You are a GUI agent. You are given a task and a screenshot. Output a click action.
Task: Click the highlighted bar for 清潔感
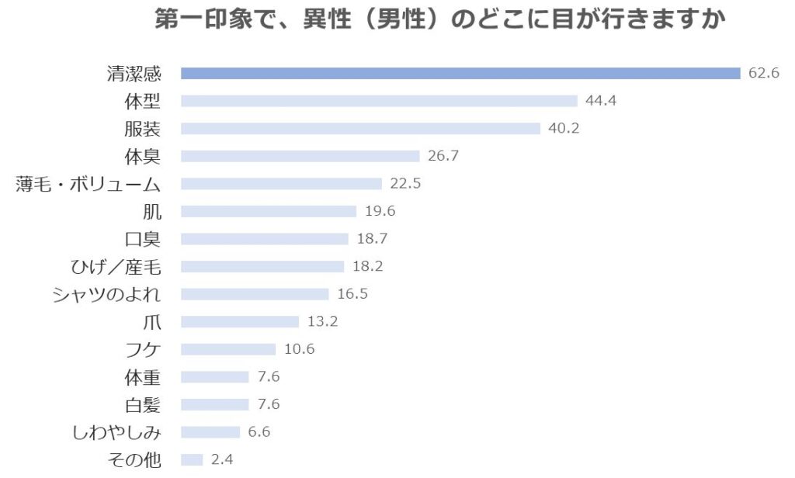[x=460, y=73]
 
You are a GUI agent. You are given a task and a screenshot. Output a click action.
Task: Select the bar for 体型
[x=379, y=101]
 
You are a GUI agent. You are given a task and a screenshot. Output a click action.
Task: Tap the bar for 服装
[x=360, y=129]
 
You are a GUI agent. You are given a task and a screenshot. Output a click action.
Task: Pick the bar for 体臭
[x=300, y=156]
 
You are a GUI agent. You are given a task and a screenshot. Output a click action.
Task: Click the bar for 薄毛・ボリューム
[x=281, y=184]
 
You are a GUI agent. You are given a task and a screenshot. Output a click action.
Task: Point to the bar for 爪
[x=240, y=321]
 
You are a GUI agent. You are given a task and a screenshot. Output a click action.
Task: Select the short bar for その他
[x=192, y=459]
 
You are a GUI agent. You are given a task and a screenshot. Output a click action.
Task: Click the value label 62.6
[x=764, y=73]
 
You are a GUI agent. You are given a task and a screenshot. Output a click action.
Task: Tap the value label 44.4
[x=601, y=101]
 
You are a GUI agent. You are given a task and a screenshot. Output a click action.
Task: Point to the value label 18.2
[x=367, y=266]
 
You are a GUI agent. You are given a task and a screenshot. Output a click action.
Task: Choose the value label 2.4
[x=222, y=459]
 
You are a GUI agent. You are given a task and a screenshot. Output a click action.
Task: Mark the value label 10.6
[x=299, y=349]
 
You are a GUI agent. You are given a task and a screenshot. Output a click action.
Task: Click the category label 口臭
[x=143, y=239]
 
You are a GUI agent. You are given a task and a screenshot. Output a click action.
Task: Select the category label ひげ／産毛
[x=116, y=267]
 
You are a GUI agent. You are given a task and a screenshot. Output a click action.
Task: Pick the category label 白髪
[x=143, y=404]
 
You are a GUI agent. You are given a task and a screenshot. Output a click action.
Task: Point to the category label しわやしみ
[x=116, y=432]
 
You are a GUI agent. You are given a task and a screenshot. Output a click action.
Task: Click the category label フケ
[x=143, y=349]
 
